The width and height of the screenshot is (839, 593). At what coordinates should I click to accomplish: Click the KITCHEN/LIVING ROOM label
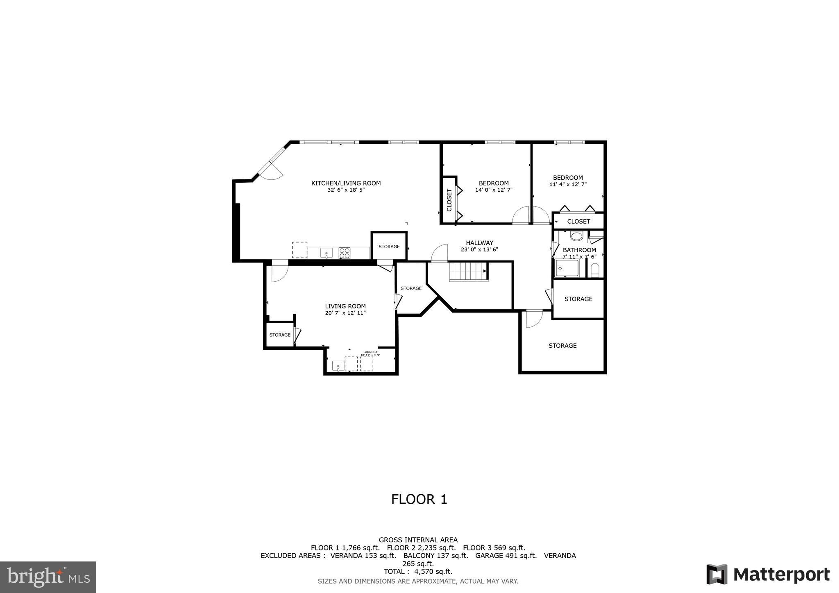346,183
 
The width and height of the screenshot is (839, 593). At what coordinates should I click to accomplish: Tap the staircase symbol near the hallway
468,272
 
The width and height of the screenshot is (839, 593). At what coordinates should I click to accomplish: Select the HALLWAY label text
479,243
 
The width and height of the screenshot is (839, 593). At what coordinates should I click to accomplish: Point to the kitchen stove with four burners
345,253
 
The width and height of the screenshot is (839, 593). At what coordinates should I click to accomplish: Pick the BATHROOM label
579,250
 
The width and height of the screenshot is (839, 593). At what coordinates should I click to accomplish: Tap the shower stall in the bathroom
567,268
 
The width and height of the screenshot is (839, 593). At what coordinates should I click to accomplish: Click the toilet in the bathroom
595,270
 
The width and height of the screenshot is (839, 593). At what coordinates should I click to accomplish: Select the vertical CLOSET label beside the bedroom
449,200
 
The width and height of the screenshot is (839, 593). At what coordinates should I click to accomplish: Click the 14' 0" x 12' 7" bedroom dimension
494,190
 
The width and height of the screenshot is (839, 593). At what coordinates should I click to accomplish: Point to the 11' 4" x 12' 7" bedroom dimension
568,184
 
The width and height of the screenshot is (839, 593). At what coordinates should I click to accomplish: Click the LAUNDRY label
370,352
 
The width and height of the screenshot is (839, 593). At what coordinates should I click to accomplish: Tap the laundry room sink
338,365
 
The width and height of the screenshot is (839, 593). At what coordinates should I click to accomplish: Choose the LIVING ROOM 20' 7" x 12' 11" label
345,310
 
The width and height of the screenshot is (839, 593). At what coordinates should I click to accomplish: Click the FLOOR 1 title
419,499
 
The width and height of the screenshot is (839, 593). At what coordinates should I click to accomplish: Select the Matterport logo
768,574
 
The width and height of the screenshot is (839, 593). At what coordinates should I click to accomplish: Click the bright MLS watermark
48,577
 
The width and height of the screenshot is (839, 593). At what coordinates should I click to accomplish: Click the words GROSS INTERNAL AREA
418,540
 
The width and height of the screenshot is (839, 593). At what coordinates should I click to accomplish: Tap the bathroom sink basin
577,236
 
